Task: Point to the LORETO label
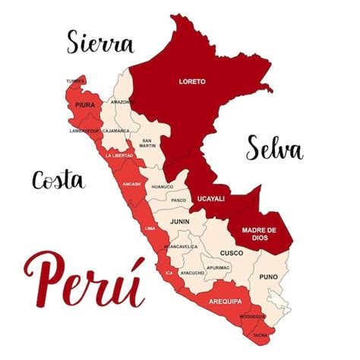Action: (x=191, y=81)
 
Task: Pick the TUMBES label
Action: (x=75, y=81)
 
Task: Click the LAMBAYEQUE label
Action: (x=84, y=131)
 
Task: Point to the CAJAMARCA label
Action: (x=116, y=131)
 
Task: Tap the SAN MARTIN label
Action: (x=148, y=142)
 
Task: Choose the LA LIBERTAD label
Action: (x=119, y=155)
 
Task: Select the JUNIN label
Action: (x=180, y=222)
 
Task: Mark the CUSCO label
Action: (x=231, y=253)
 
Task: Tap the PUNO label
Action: (x=269, y=277)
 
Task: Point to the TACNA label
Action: (x=261, y=334)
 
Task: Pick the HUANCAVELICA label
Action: (x=181, y=246)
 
